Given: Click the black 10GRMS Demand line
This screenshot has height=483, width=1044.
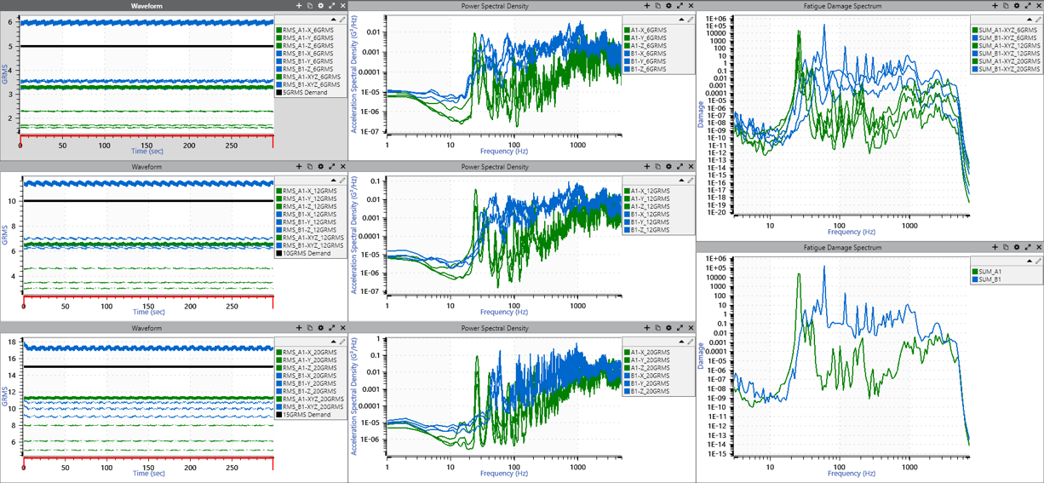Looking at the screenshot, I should click(145, 200).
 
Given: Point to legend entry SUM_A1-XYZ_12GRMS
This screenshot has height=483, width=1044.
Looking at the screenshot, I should click(1007, 46).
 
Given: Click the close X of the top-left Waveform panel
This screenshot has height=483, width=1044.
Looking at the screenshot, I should click(343, 6).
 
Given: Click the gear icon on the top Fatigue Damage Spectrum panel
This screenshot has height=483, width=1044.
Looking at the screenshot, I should click(1017, 6).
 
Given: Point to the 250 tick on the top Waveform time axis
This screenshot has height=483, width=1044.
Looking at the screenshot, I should click(230, 146).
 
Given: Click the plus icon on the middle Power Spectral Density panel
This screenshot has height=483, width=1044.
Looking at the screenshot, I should click(647, 167).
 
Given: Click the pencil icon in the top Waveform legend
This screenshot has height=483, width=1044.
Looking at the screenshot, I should click(342, 19).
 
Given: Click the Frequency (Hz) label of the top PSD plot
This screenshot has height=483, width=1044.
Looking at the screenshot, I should click(502, 152).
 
